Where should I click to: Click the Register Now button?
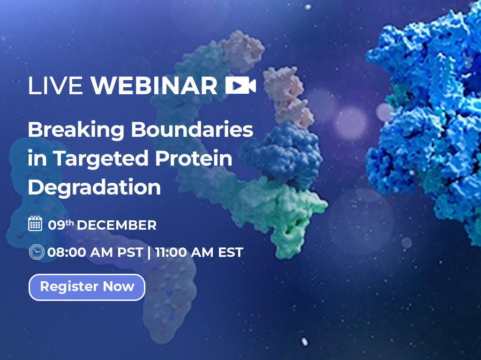87,287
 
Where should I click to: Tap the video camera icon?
240,85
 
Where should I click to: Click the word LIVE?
55,86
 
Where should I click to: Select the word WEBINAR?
154,86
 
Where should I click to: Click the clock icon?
36,252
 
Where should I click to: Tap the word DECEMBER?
116,225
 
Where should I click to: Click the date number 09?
56,225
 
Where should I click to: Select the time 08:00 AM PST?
95,253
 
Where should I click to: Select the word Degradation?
94,187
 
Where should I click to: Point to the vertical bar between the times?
149,253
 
